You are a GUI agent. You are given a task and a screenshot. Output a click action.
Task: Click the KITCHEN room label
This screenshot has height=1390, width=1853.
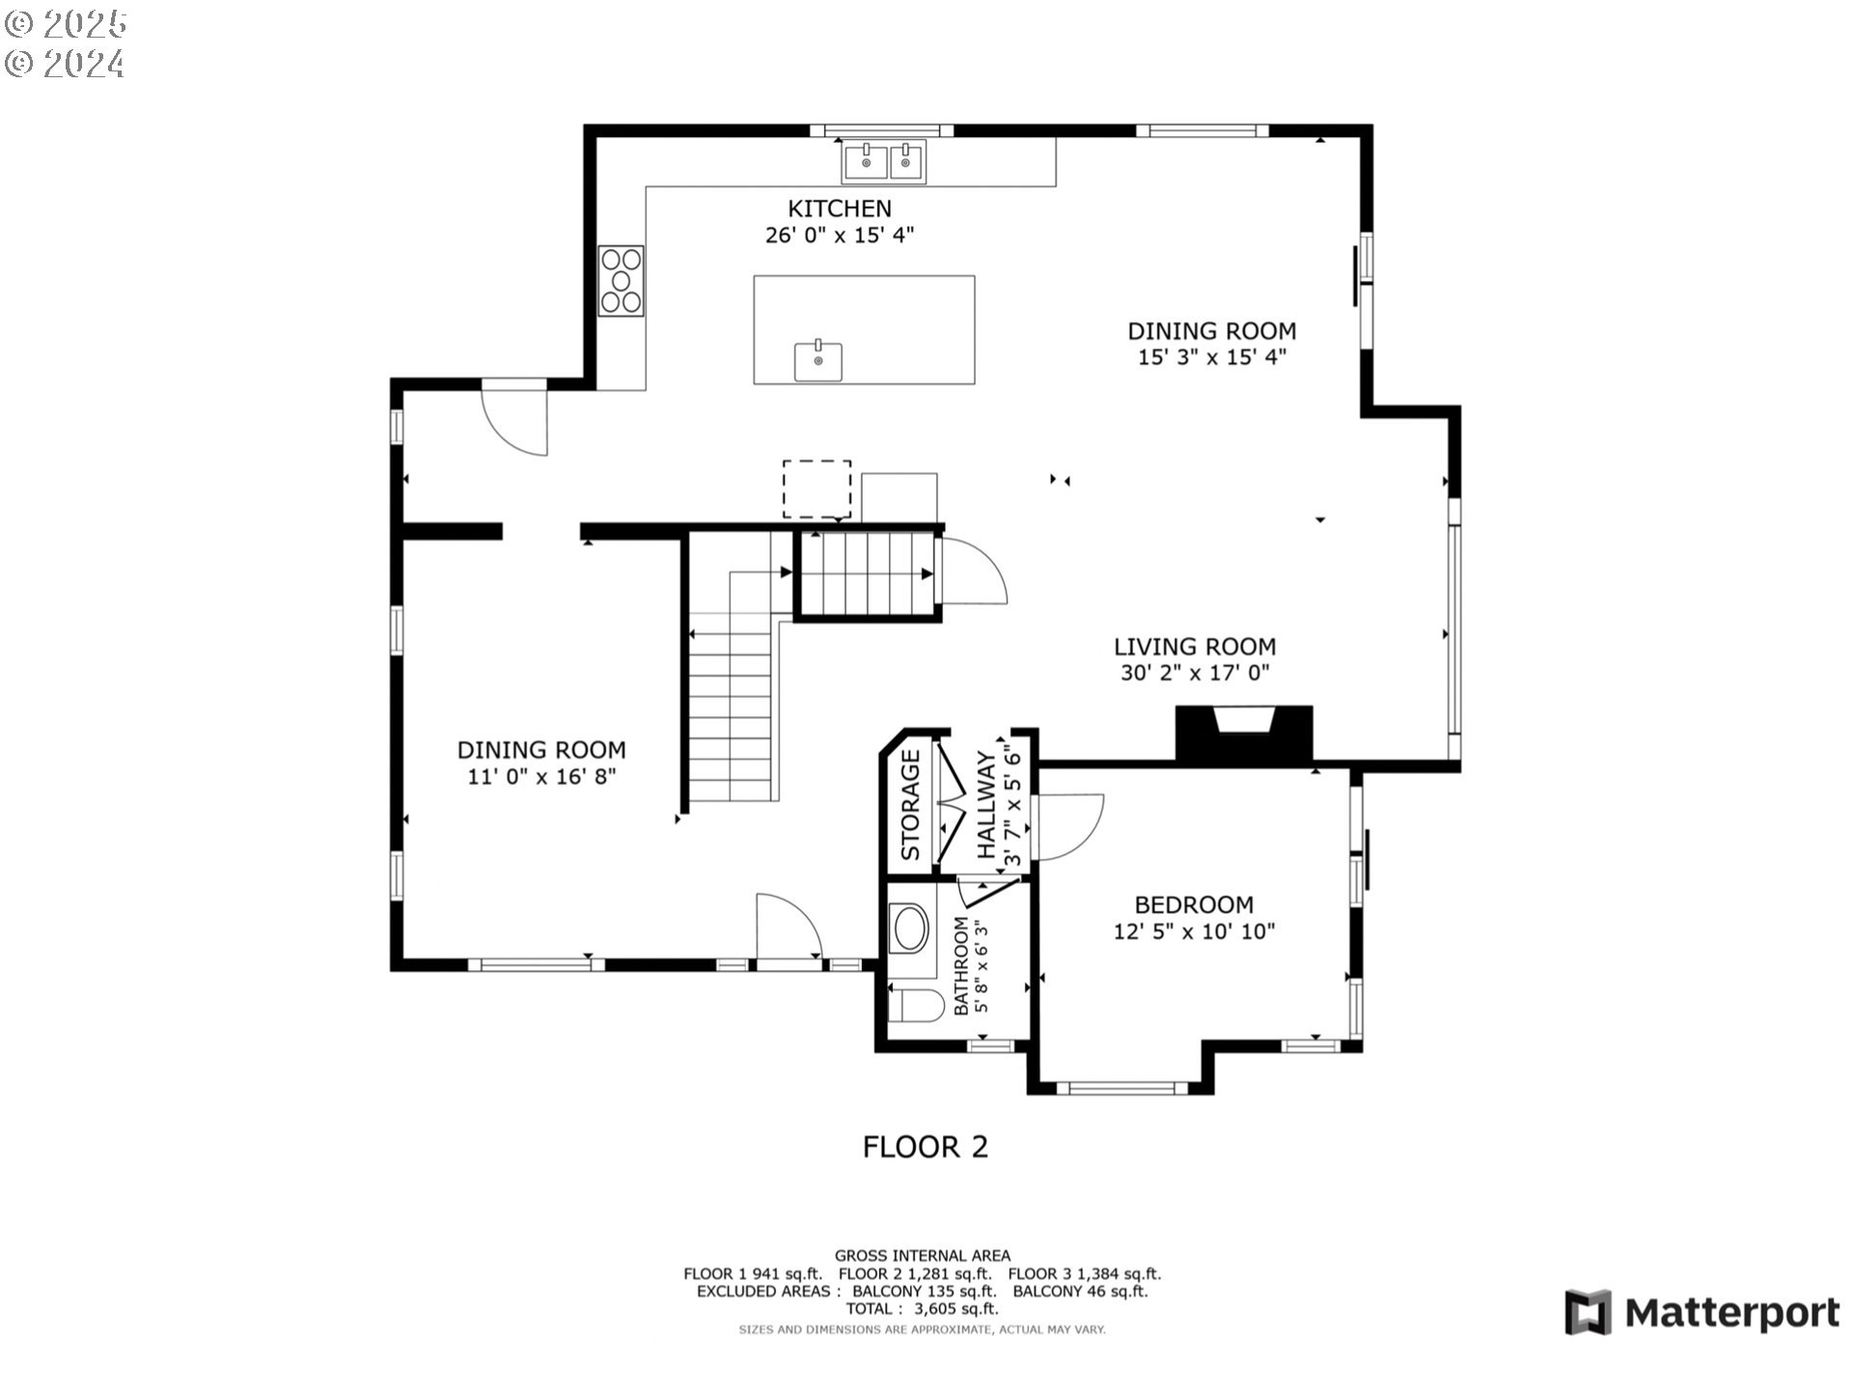click(840, 208)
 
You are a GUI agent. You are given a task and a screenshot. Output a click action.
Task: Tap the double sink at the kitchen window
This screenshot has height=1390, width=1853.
click(885, 161)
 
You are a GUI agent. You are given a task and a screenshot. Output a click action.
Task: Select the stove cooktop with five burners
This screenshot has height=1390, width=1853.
click(622, 280)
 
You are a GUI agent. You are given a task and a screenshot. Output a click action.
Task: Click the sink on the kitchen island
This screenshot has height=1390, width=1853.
click(818, 361)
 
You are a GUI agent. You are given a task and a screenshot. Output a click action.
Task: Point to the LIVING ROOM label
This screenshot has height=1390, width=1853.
click(1195, 647)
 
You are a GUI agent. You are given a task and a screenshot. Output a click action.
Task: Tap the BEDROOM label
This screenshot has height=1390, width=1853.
click(1194, 904)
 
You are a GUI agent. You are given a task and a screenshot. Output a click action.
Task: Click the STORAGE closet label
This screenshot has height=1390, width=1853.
click(911, 805)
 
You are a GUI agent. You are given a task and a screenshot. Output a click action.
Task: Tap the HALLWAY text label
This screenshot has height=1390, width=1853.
click(986, 805)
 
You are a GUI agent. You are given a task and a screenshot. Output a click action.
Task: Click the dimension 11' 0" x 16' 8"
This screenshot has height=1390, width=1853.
click(541, 776)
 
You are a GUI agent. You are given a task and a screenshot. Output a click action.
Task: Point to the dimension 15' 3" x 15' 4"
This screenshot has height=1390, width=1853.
click(1211, 357)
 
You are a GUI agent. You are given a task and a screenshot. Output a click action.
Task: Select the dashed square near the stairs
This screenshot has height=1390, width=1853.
click(816, 489)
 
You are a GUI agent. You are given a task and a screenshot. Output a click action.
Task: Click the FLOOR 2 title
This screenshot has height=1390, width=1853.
click(925, 1147)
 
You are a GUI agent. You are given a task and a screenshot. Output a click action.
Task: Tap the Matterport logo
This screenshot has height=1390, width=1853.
click(1702, 1313)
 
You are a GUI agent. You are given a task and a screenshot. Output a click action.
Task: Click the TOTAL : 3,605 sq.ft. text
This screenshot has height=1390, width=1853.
click(922, 1309)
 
